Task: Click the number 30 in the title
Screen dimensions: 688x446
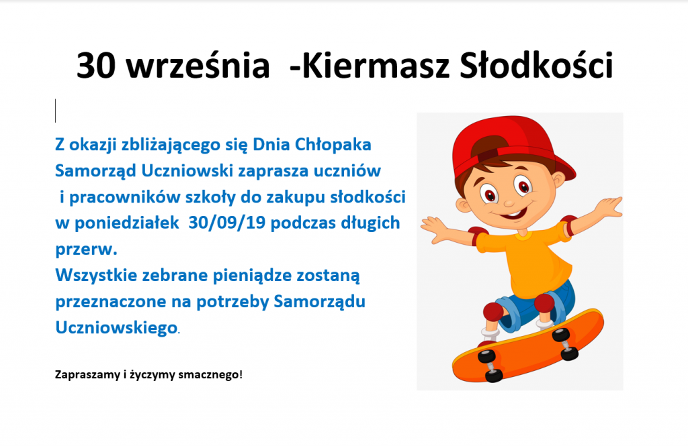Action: coord(96,66)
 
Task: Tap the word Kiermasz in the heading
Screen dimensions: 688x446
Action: coord(376,65)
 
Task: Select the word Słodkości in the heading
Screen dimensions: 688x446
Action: coord(536,65)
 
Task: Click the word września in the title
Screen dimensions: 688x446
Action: coord(198,66)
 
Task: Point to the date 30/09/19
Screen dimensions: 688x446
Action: coord(227,223)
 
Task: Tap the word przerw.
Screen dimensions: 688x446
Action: coord(86,249)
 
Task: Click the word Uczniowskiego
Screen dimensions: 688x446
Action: coord(116,328)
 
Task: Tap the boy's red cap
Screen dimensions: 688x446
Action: coord(513,141)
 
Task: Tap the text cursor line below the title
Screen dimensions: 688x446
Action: coord(56,111)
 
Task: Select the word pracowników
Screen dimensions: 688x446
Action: coord(122,197)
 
